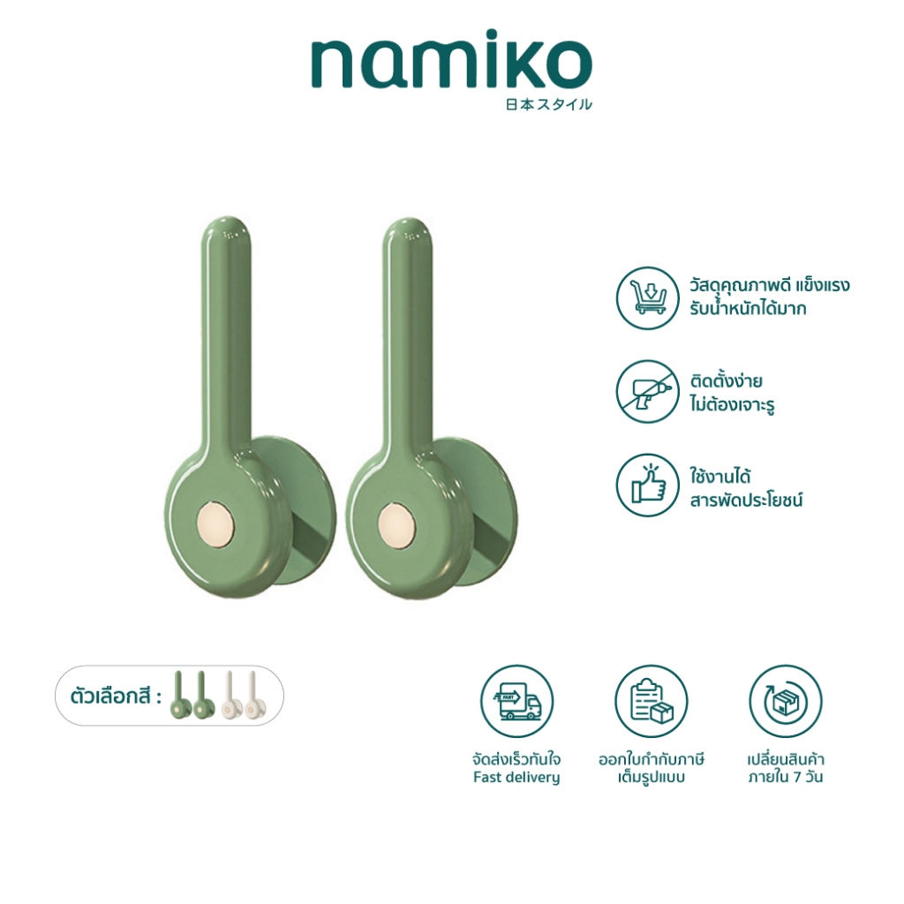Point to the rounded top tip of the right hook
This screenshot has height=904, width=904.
(410, 220)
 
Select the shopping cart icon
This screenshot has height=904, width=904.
(647, 298)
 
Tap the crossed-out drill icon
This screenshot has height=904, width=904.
(647, 391)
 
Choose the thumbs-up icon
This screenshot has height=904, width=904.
(647, 486)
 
